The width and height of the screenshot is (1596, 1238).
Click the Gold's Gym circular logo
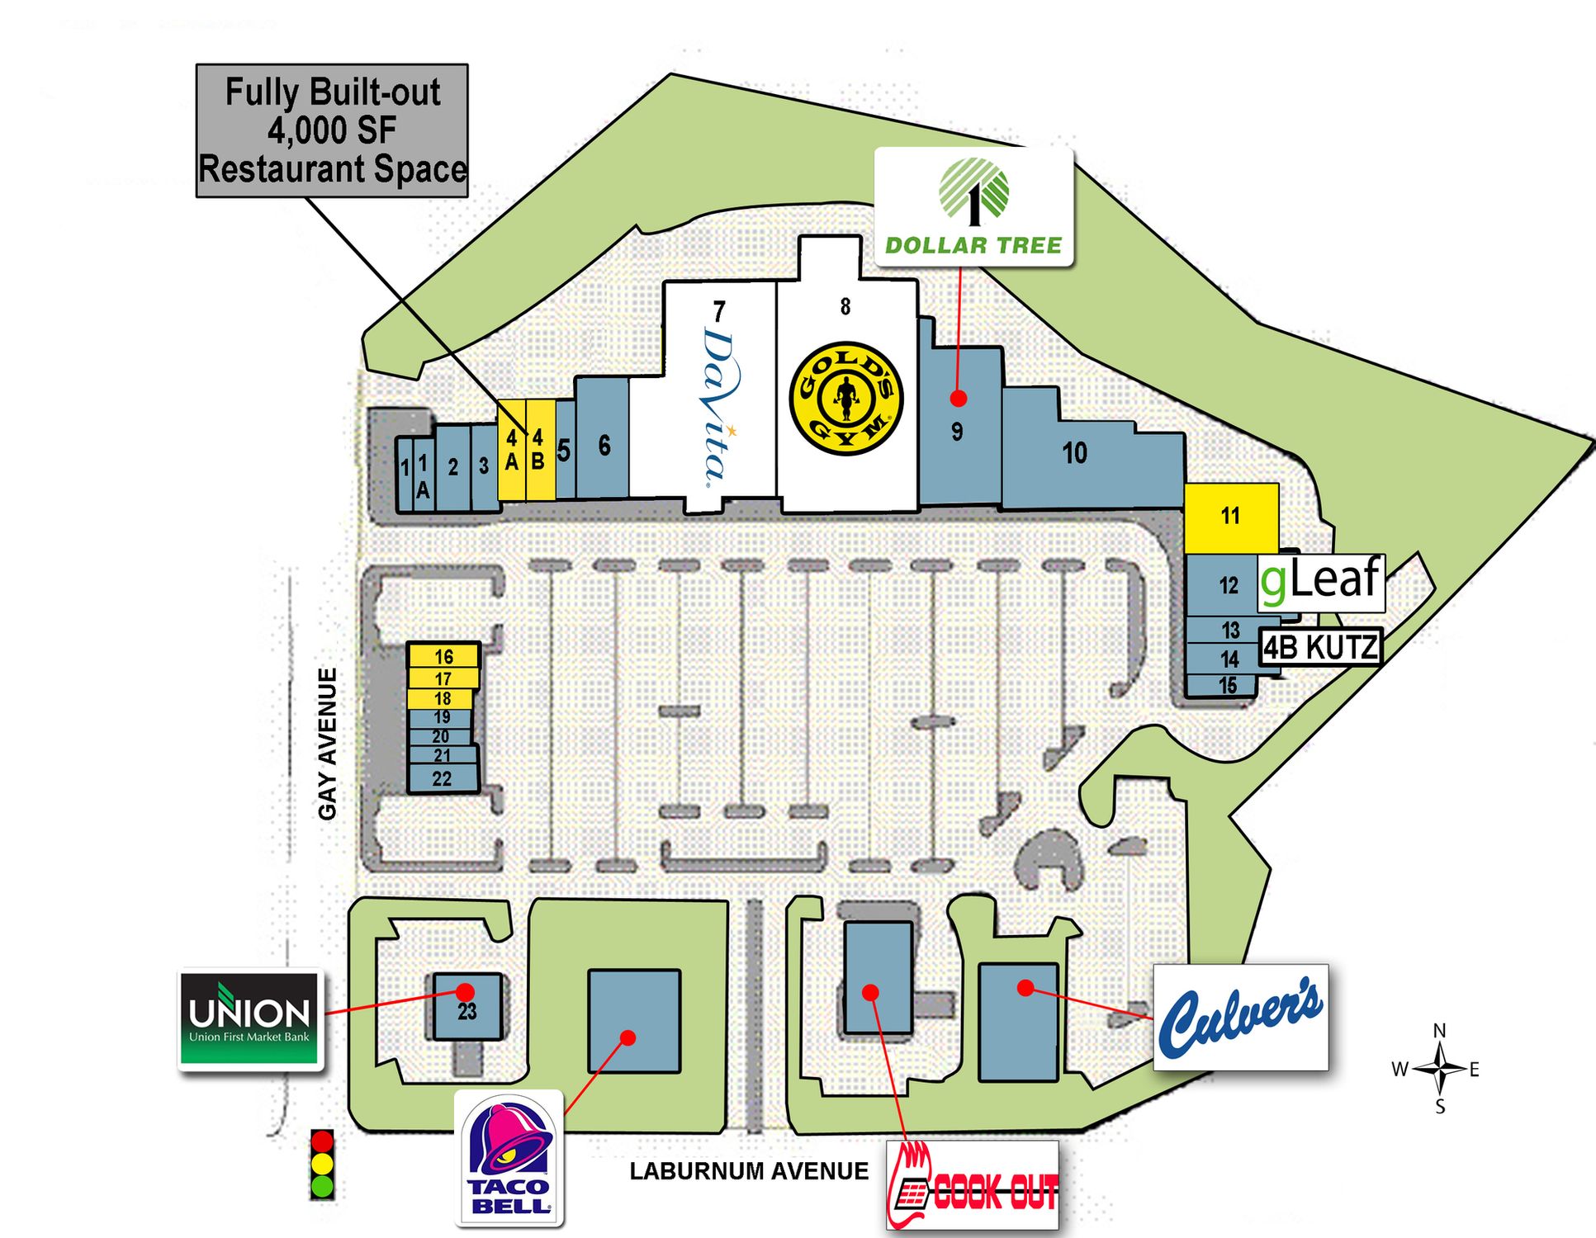coord(845,398)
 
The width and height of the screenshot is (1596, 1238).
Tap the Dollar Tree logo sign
coord(974,206)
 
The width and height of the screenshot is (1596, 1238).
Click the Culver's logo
coord(1240,1017)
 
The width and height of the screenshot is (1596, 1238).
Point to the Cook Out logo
coord(973,1185)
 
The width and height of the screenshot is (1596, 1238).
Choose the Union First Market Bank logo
coord(249,1018)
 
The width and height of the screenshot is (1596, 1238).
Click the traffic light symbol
coord(322,1164)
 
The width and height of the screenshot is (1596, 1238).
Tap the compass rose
coord(1440,1069)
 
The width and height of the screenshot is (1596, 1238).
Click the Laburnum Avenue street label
coord(749,1171)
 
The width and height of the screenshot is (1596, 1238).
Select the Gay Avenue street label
coord(328,744)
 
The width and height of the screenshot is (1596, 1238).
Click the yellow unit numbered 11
coord(1231,517)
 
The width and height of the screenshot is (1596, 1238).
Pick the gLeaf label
coord(1320,581)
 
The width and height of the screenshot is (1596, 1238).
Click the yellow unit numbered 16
coord(443,656)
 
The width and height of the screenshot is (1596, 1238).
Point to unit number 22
coord(443,778)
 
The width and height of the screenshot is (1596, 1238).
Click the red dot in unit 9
coord(958,399)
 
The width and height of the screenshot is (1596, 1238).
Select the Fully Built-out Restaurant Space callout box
coord(332,130)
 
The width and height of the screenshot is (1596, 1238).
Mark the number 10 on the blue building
coord(1074,453)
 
